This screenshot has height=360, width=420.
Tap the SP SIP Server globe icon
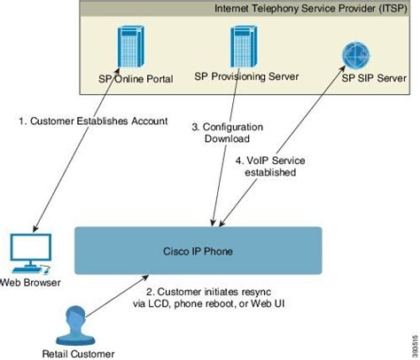[355, 54]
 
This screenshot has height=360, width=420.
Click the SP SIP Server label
[373, 77]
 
